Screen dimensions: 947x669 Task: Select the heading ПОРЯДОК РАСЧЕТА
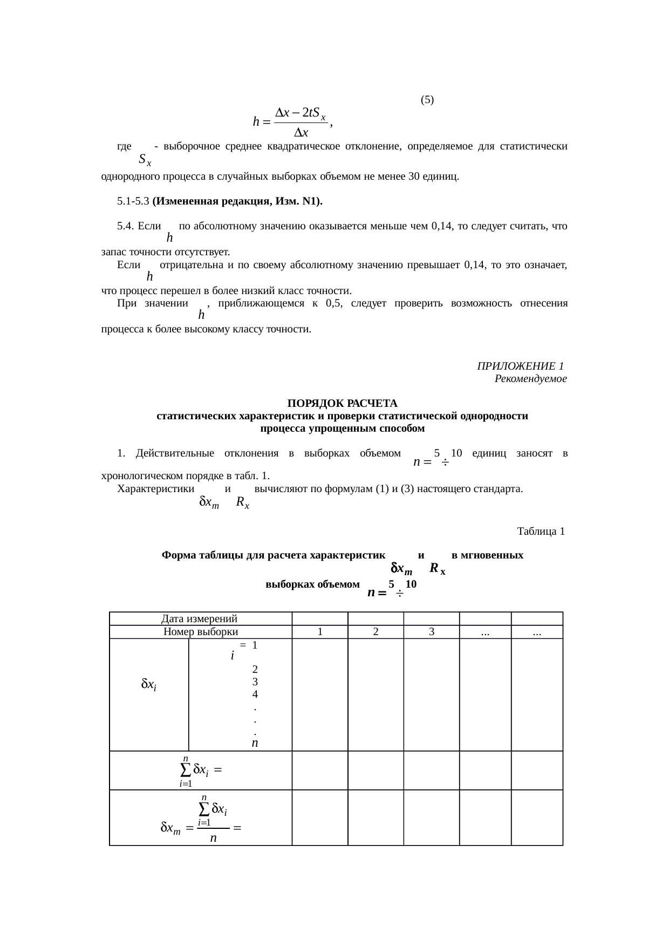(342, 404)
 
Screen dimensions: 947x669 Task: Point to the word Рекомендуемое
(530, 379)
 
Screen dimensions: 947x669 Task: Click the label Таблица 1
(541, 532)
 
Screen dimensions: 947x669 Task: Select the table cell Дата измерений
(200, 619)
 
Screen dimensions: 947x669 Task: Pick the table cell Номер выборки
(200, 632)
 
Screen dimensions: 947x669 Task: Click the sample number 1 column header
(320, 632)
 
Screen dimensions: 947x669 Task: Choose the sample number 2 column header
(376, 632)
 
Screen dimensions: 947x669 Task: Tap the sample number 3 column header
(431, 632)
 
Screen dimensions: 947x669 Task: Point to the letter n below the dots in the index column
(255, 743)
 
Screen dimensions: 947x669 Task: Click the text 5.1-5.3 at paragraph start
(133, 202)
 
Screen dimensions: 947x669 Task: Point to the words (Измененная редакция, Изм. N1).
(237, 202)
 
